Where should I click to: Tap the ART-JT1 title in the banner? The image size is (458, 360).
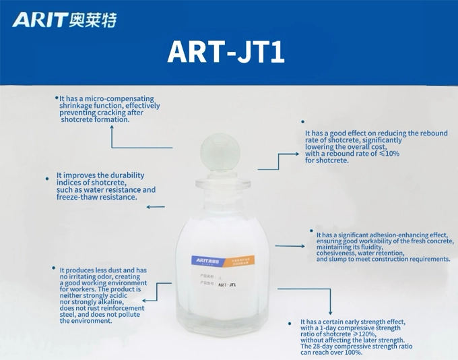tap(226, 52)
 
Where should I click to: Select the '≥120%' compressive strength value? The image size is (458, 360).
tap(364, 334)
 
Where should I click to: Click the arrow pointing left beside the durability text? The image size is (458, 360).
tap(155, 207)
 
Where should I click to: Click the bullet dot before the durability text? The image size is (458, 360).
tap(46, 179)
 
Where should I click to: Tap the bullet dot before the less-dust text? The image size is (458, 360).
tap(53, 268)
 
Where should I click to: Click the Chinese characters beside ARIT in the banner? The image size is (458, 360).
tap(92, 20)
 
